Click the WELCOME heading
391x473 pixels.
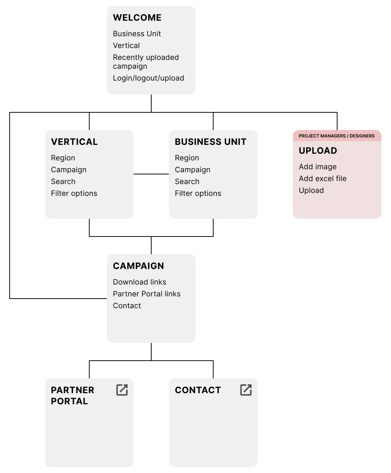click(137, 18)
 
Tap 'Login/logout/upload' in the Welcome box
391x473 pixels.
click(148, 78)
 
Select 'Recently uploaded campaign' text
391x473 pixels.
click(146, 62)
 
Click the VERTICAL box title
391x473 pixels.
click(75, 142)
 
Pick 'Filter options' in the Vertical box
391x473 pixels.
click(74, 193)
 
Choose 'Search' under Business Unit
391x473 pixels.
click(187, 181)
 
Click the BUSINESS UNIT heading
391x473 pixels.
click(211, 142)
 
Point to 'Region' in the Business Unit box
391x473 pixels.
click(187, 158)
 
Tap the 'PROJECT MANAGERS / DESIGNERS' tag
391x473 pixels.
click(336, 136)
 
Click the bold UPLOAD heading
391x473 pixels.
click(318, 151)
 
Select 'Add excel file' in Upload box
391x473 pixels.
click(323, 178)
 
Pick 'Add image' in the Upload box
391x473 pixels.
click(318, 167)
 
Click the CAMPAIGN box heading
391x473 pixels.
click(138, 266)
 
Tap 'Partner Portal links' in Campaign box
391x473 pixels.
click(147, 294)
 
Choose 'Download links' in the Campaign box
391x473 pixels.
click(139, 282)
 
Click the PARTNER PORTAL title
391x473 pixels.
click(73, 395)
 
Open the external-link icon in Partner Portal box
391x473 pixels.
click(122, 390)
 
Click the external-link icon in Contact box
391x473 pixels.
click(246, 390)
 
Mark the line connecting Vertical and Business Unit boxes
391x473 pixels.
click(151, 174)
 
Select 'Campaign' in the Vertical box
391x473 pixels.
click(69, 170)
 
